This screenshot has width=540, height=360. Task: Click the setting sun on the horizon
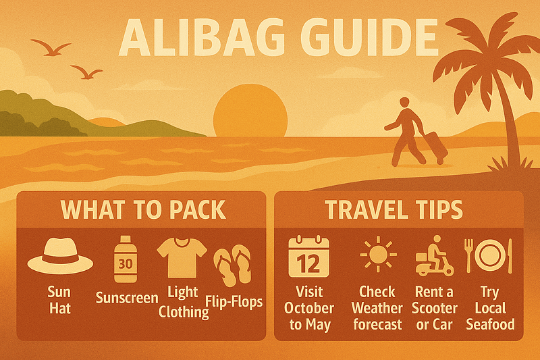(x=250, y=111)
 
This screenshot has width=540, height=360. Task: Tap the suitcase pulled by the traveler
(x=435, y=147)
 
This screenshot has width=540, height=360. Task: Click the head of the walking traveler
(x=404, y=103)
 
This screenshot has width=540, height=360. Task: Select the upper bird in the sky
(x=51, y=48)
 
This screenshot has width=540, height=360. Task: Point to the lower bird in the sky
(x=87, y=72)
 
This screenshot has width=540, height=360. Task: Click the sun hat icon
(x=60, y=255)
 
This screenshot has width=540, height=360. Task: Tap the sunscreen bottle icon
(x=126, y=259)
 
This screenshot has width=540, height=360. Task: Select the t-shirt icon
(x=182, y=257)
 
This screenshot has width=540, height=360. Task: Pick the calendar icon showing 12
(x=309, y=257)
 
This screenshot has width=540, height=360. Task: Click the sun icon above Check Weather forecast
(x=378, y=255)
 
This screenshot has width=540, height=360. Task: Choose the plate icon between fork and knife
(x=490, y=255)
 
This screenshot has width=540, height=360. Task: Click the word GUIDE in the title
(x=369, y=38)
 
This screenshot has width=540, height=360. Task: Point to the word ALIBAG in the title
(x=201, y=38)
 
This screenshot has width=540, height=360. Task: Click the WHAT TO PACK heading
(x=143, y=209)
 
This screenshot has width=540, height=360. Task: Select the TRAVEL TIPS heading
(x=394, y=209)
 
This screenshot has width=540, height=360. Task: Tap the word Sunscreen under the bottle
(x=127, y=298)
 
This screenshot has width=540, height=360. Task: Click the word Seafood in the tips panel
(x=491, y=324)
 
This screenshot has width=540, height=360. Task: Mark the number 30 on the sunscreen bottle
(x=126, y=264)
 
